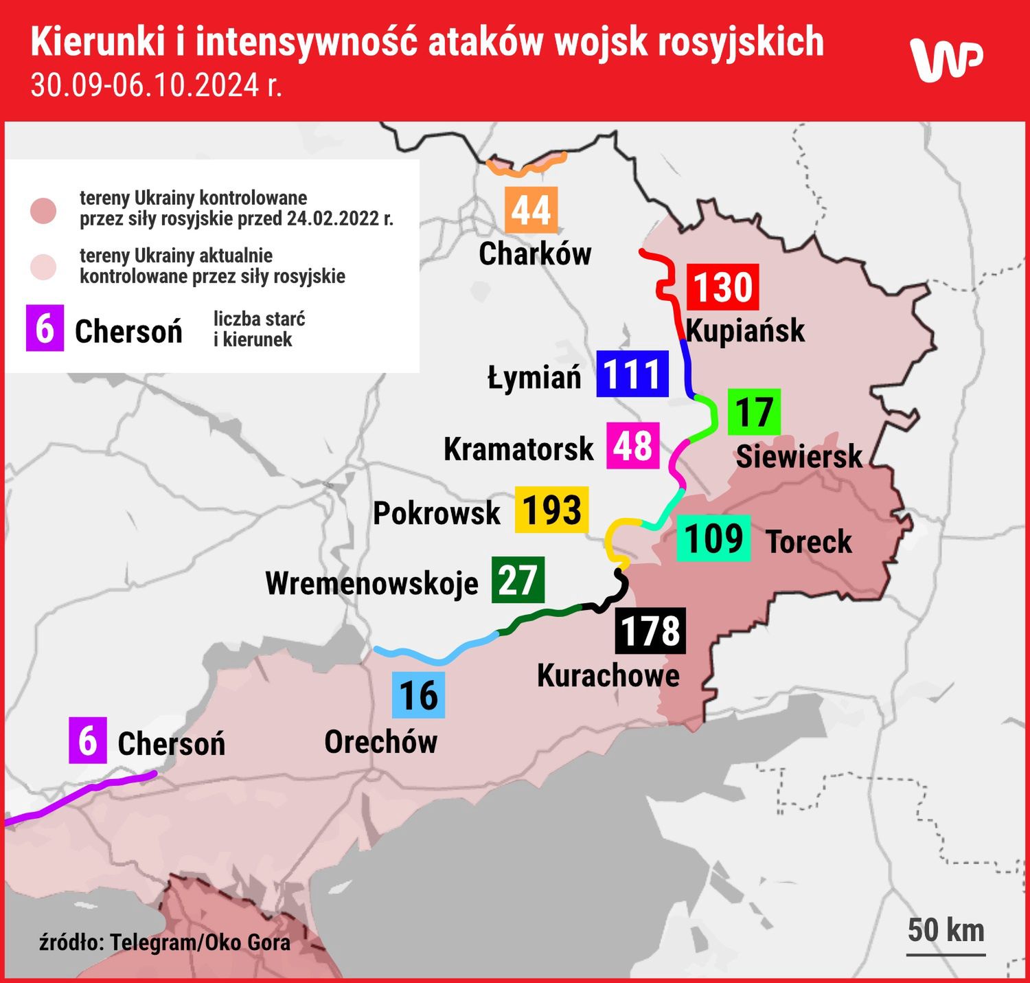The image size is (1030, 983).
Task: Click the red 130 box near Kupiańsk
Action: [723, 287]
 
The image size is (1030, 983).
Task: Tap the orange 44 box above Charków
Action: [531, 210]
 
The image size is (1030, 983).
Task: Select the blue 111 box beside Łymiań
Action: [632, 374]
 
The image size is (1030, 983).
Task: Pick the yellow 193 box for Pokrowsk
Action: [551, 510]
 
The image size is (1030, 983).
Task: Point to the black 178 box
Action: [650, 630]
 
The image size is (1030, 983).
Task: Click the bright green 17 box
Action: [754, 412]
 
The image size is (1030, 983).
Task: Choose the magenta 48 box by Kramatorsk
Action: [632, 446]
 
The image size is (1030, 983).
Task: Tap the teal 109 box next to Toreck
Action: [713, 538]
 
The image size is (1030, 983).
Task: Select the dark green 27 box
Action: [518, 580]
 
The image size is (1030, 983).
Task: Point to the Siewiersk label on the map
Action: [799, 456]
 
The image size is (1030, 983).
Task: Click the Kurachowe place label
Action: [608, 675]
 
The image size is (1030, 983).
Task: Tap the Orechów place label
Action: [380, 742]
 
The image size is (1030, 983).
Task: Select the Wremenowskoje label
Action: [371, 583]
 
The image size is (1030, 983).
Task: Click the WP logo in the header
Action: [946, 59]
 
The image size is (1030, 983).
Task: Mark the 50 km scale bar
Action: [946, 953]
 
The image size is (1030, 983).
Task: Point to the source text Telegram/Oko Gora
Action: [165, 942]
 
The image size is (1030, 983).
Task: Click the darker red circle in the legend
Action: [44, 211]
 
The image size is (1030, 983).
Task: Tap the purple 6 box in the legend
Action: [45, 328]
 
